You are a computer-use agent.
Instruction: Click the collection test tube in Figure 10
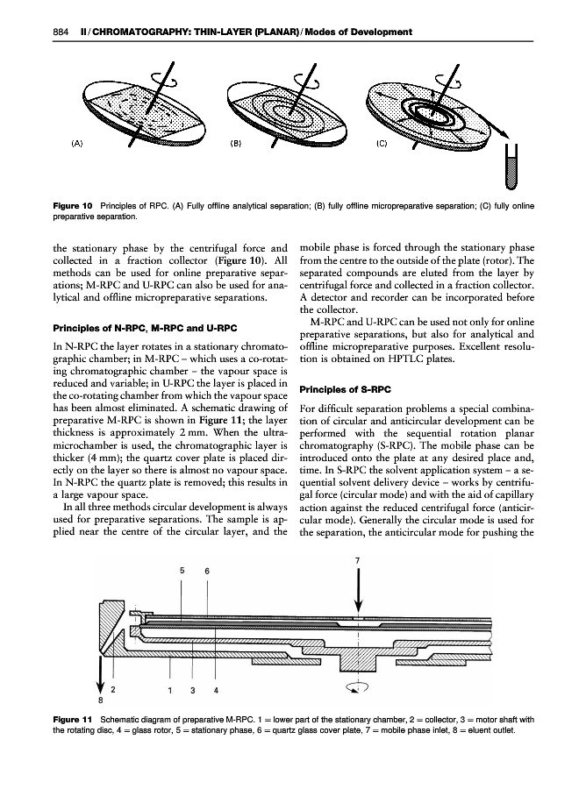[x=511, y=169]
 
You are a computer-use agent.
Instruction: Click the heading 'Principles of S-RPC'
[x=343, y=389]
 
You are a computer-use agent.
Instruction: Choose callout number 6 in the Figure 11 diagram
[x=207, y=571]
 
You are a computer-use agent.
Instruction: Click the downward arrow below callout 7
[x=357, y=594]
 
